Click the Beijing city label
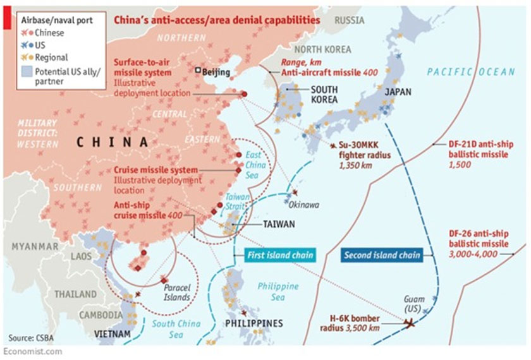click(216, 72)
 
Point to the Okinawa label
click(304, 205)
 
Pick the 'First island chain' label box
click(279, 255)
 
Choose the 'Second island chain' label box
click(382, 255)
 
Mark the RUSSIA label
click(350, 20)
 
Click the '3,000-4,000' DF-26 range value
click(472, 253)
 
